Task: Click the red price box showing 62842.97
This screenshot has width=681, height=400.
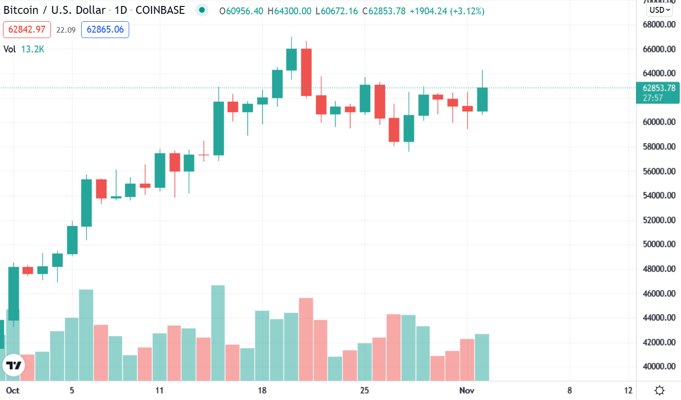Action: point(27,30)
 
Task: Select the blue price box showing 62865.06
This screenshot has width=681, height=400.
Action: point(104,30)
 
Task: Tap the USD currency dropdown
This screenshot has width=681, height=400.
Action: point(660,9)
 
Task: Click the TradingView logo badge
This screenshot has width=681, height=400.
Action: point(13,365)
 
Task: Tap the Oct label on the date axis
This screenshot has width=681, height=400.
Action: point(13,390)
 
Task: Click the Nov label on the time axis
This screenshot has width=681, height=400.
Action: point(467,390)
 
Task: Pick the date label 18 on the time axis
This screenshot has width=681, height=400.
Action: point(262,390)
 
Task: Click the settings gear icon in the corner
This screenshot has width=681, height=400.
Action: point(659,391)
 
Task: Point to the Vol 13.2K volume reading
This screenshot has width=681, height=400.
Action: point(24,49)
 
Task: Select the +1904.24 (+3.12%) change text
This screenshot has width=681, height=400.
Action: point(447,10)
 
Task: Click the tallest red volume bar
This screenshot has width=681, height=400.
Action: point(306,339)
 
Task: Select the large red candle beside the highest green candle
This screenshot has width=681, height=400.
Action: point(306,72)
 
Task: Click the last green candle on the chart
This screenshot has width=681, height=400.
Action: point(482,99)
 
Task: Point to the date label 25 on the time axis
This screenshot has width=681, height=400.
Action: point(364,390)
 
